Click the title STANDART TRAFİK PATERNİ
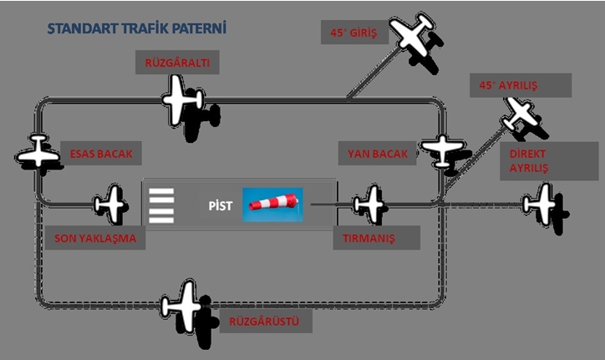pyautogui.click(x=137, y=28)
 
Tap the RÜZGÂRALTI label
pyautogui.click(x=177, y=63)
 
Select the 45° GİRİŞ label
pyautogui.click(x=350, y=34)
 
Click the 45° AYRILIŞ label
pyautogui.click(x=508, y=85)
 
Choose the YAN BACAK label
pyautogui.click(x=378, y=154)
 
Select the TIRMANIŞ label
pyautogui.click(x=369, y=238)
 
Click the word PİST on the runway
pyautogui.click(x=220, y=205)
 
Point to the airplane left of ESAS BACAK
pyautogui.click(x=38, y=154)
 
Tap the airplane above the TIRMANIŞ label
pyautogui.click(x=369, y=204)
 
